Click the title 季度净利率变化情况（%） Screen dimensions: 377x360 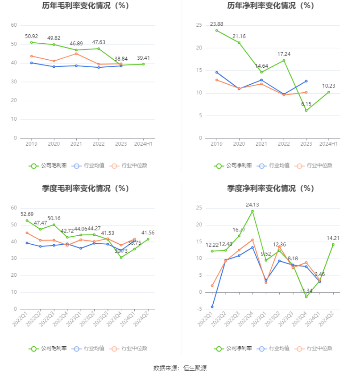[271, 188]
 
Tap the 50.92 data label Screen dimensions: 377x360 [31, 36]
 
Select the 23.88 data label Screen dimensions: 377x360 [216, 24]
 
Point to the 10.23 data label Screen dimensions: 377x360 [328, 86]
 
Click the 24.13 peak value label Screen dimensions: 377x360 [252, 205]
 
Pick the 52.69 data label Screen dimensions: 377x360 [27, 214]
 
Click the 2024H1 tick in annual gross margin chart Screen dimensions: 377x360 [144, 144]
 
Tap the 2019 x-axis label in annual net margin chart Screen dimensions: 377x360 [216, 144]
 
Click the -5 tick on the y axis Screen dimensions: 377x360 [199, 309]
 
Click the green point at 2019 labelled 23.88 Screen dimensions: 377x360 [216, 30]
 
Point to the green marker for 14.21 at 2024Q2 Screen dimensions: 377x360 [333, 244]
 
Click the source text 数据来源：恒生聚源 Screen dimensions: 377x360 [180, 368]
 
